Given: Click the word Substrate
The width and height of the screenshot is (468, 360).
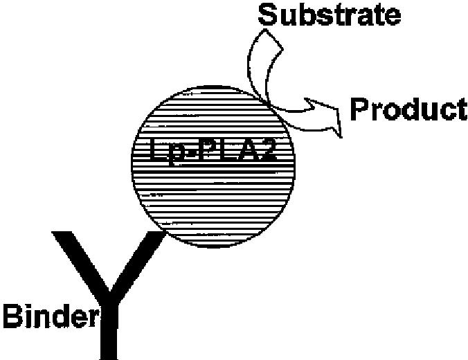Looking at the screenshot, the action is pyautogui.click(x=329, y=14).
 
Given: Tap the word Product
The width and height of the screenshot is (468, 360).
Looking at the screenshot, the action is pyautogui.click(x=408, y=109).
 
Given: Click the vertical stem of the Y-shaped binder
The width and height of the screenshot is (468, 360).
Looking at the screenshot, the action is pyautogui.click(x=109, y=332).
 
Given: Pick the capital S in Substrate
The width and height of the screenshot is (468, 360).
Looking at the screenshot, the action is pyautogui.click(x=267, y=14).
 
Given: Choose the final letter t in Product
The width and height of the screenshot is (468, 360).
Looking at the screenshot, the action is pyautogui.click(x=460, y=109).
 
